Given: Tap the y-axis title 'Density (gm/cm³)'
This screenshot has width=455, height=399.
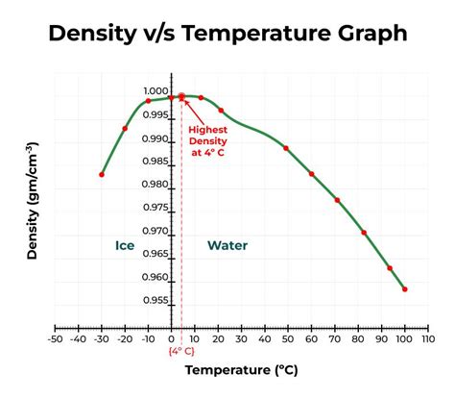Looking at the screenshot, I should click(32, 203).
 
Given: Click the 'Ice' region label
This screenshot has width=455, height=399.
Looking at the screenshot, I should click(125, 245).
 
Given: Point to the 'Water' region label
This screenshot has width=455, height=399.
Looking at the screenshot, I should click(227, 245).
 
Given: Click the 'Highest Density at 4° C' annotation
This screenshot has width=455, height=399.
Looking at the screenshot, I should click(208, 141).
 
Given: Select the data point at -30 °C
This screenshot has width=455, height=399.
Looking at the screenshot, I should click(102, 174).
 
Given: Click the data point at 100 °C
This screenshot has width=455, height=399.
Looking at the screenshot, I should click(404, 288).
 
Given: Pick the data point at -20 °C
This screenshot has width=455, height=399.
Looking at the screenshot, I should click(125, 128).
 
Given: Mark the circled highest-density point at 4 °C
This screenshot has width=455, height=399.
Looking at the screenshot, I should click(181, 97).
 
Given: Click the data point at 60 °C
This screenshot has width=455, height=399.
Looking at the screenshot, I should click(311, 174).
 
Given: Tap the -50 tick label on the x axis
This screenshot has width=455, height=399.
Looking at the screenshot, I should click(55, 338).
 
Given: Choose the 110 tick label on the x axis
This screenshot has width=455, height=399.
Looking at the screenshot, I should click(427, 338).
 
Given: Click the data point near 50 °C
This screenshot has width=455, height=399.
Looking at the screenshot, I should click(286, 148).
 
